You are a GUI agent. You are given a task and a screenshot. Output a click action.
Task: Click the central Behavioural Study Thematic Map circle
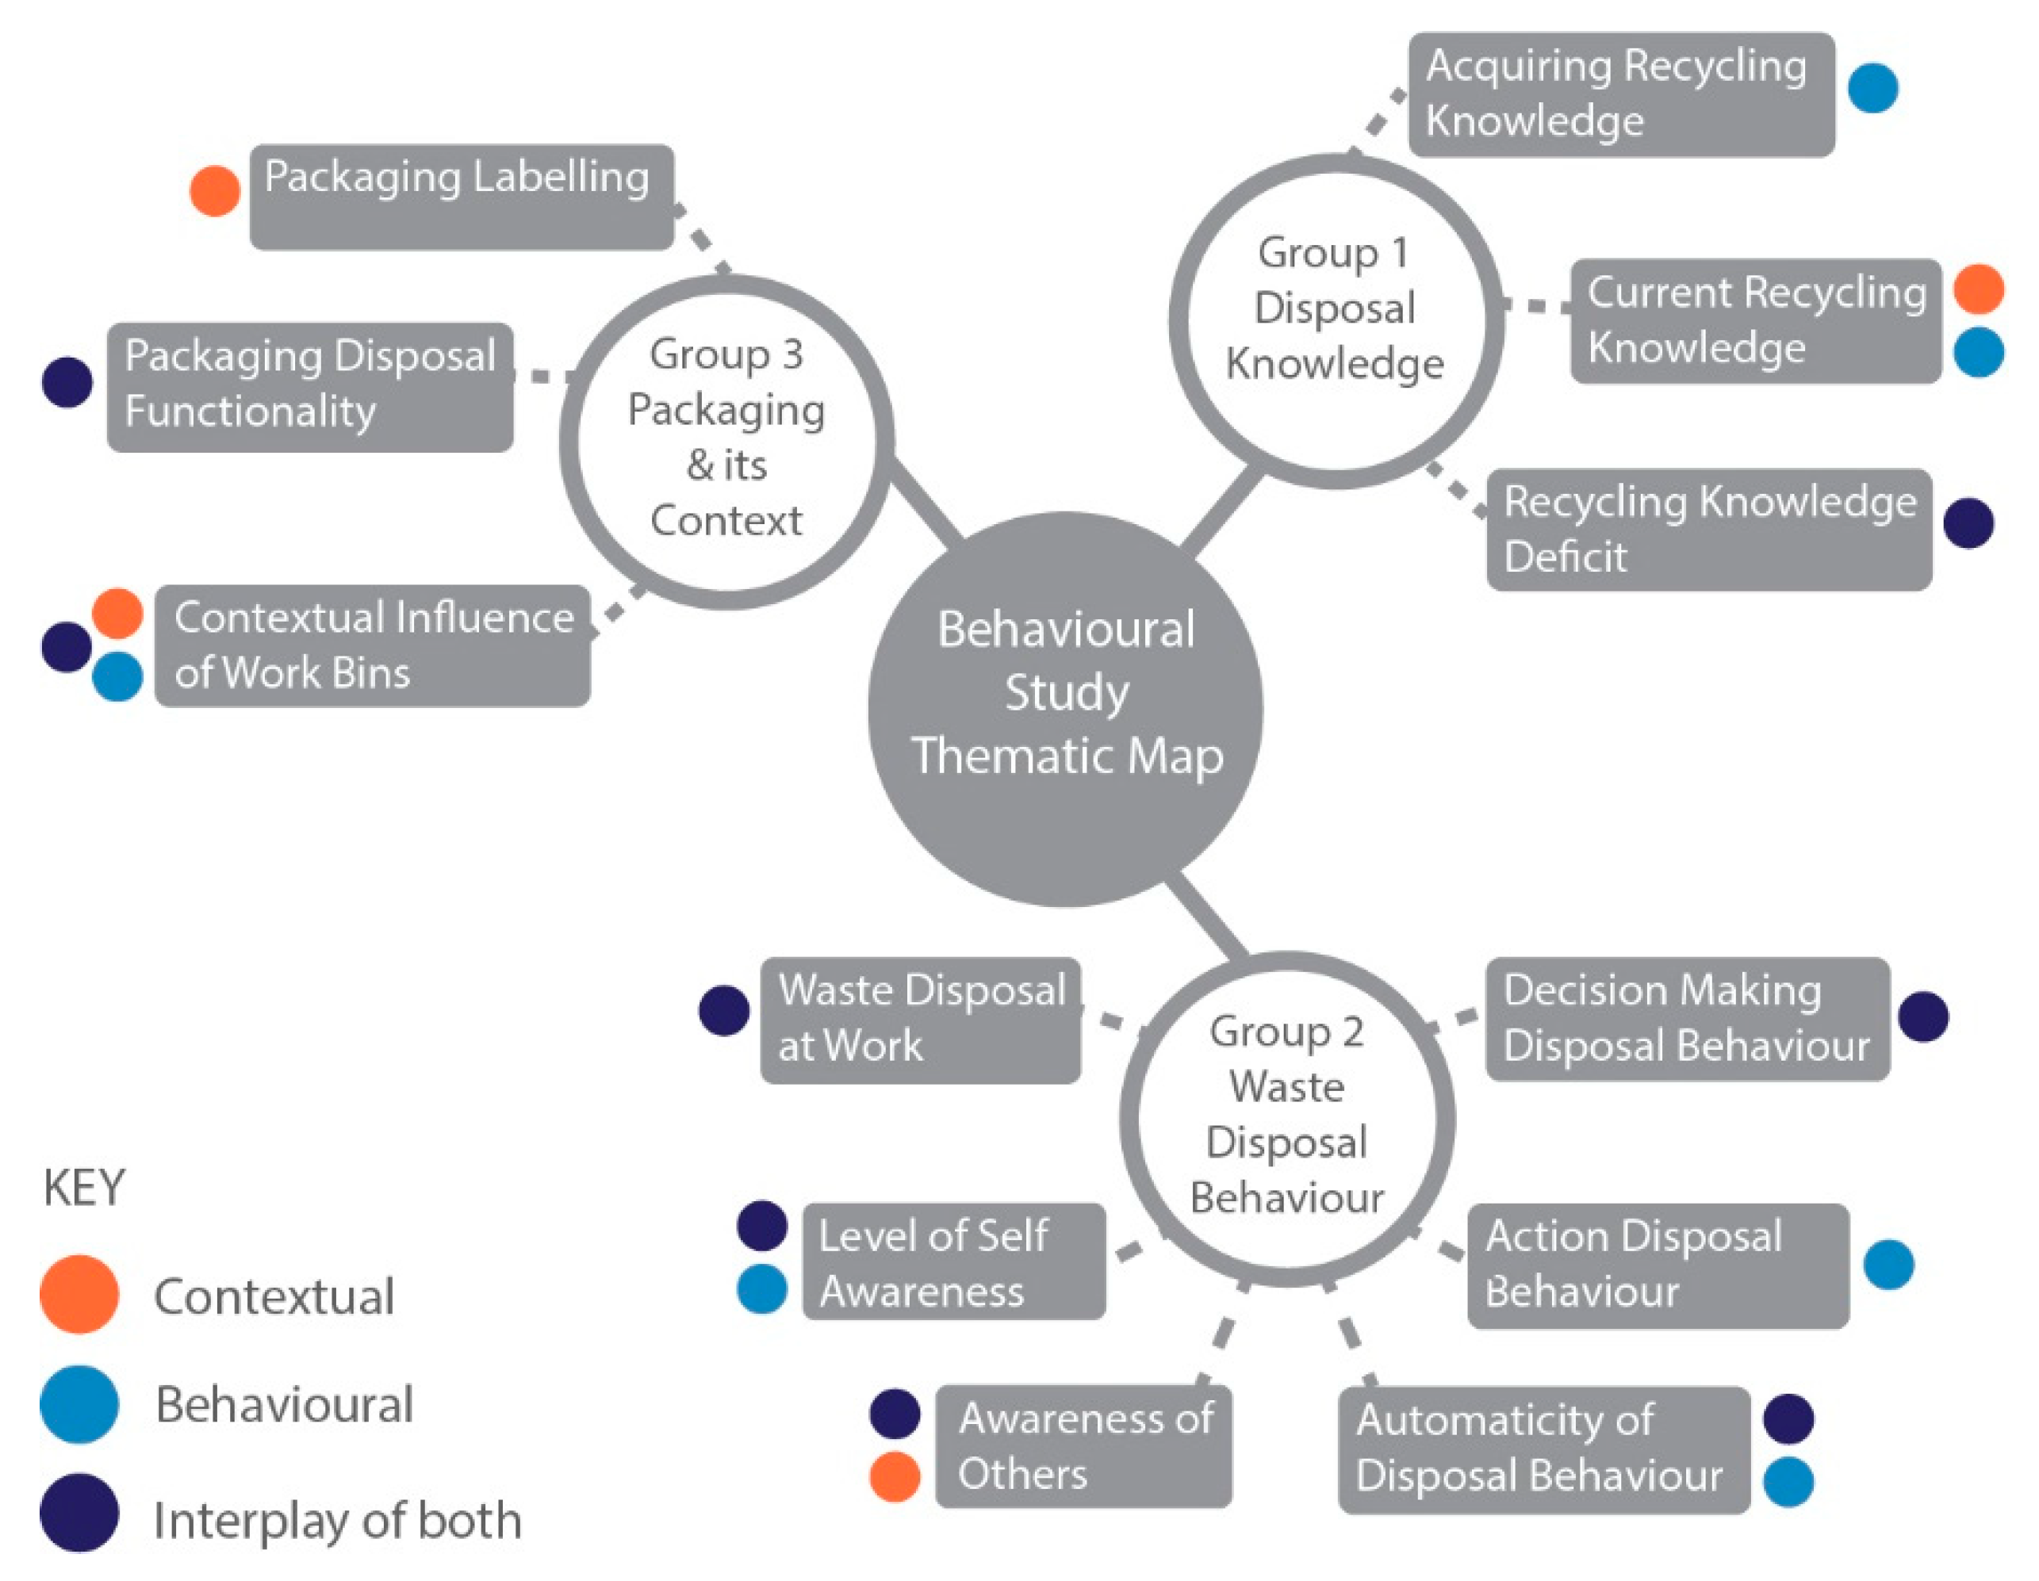click(x=1065, y=710)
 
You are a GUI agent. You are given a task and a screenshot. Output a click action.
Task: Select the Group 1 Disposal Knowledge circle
click(x=1335, y=320)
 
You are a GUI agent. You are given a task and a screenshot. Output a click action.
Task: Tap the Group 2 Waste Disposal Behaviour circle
click(x=1286, y=1119)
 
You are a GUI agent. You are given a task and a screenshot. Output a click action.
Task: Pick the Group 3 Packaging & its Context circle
click(x=726, y=441)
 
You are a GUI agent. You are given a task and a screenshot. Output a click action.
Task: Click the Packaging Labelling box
click(x=462, y=197)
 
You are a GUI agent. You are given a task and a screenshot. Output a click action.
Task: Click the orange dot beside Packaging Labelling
click(x=215, y=191)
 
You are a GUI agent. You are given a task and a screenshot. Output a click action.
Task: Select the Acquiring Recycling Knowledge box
click(x=1621, y=94)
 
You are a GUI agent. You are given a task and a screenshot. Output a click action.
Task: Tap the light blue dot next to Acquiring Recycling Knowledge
click(x=1872, y=89)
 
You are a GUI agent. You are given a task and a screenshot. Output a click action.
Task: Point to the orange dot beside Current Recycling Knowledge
click(x=1978, y=289)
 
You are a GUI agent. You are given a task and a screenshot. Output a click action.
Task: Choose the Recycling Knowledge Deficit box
click(x=1708, y=529)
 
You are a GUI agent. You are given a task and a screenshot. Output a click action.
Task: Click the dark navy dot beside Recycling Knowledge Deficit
click(x=1969, y=523)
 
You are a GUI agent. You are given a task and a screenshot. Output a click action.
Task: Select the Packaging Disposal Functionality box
click(x=310, y=387)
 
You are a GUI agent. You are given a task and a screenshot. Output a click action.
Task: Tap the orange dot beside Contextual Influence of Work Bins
click(x=117, y=613)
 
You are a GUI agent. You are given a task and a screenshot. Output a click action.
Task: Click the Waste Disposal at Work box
click(x=921, y=1020)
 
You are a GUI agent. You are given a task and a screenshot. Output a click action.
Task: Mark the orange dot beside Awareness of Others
click(x=895, y=1476)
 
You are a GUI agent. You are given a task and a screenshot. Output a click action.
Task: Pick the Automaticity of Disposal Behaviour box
click(x=1543, y=1449)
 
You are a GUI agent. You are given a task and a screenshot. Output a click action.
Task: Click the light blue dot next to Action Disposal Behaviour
click(x=1888, y=1265)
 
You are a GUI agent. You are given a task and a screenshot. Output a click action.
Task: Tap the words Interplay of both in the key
click(x=336, y=1519)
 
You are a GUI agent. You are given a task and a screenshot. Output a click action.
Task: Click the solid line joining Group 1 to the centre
click(x=1221, y=511)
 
